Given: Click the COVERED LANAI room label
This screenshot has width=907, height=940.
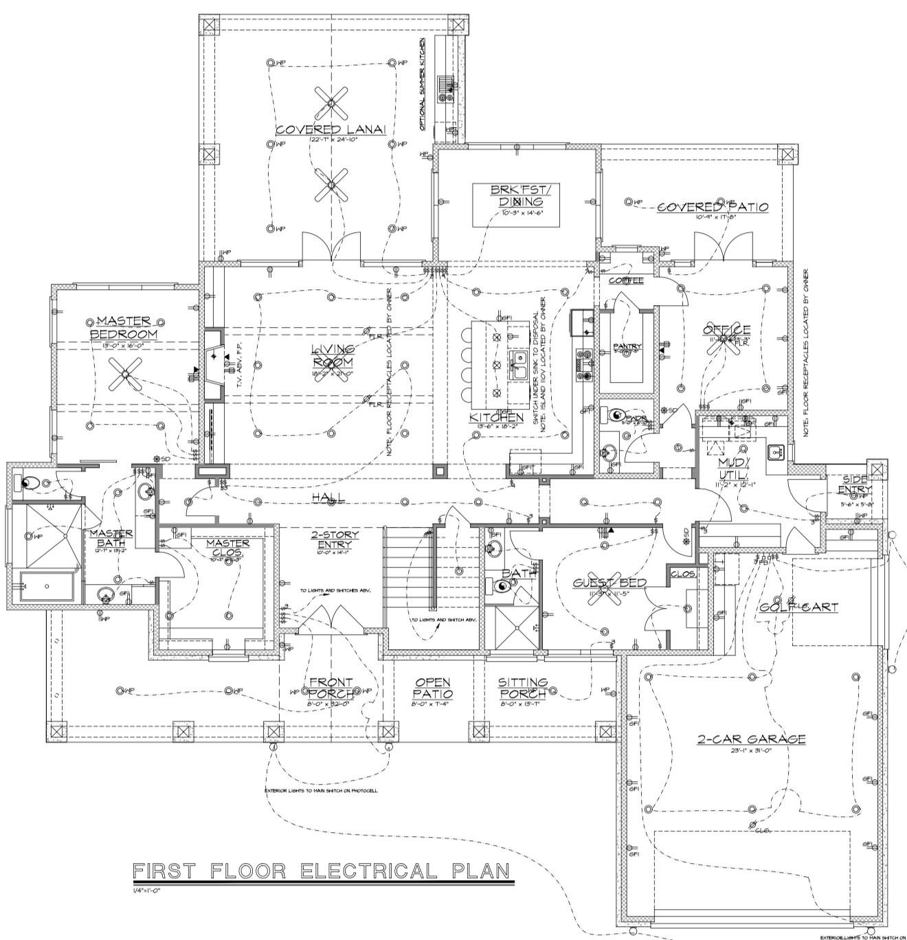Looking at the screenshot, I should pos(331,130).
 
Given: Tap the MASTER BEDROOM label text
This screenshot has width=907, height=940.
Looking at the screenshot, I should pos(124,328).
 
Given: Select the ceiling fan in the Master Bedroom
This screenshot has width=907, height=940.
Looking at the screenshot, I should pos(125,374).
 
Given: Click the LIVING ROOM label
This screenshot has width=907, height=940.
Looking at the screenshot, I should pos(333,356).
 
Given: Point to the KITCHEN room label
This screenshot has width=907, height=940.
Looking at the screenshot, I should pos(496,418).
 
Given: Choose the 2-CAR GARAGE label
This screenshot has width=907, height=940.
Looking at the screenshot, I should pos(750,739).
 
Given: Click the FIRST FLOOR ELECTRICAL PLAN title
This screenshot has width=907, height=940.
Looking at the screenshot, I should pos(322,871).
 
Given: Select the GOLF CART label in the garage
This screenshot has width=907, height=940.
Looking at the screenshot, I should pos(798,607).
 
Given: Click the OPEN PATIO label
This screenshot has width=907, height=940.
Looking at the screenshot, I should pos(432,688).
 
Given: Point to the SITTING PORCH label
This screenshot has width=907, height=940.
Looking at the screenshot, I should pos(523,688).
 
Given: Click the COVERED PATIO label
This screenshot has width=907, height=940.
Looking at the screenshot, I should pos(713,207).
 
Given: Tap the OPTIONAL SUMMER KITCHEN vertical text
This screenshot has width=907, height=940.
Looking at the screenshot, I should pos(423,84).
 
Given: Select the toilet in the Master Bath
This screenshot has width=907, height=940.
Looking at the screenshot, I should pos(27,482).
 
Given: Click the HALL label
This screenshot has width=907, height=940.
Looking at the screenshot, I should pos(328,497).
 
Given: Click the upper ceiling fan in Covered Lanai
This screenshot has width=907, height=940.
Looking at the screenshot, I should pos(330,102).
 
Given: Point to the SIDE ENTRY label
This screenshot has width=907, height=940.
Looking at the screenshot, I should pos(854,484).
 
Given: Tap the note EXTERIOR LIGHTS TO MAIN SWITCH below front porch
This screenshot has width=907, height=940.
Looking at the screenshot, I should pos(321,791).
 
